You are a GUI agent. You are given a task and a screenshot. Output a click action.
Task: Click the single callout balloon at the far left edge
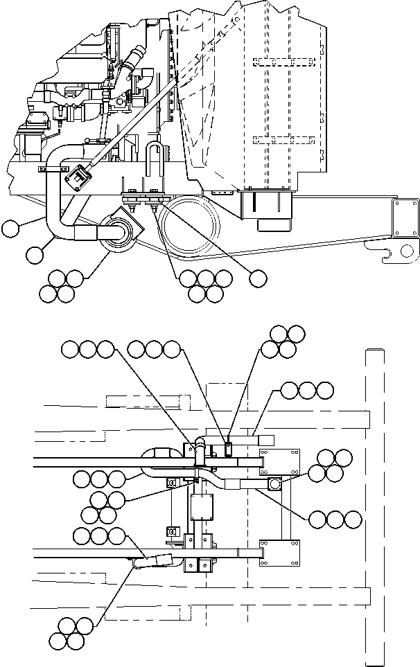point(10,228)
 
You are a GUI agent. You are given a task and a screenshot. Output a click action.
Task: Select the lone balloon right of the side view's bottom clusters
point(257,278)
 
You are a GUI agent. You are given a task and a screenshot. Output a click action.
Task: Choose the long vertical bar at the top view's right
point(374,502)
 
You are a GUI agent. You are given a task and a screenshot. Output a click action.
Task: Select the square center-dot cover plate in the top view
point(202,507)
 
